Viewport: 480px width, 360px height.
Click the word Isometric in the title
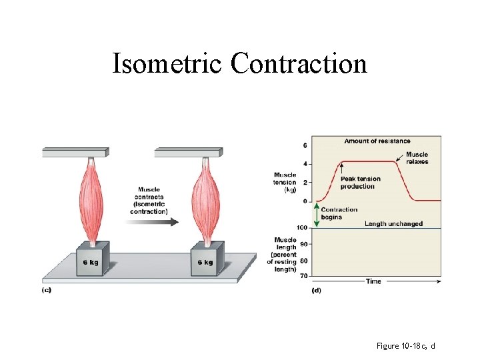pyautogui.click(x=167, y=64)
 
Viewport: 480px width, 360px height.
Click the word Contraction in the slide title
pyautogui.click(x=299, y=64)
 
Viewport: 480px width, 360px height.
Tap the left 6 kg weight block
pyautogui.click(x=92, y=260)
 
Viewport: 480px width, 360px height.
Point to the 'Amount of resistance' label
pyautogui.click(x=377, y=141)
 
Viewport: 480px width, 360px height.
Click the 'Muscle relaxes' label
pyautogui.click(x=417, y=158)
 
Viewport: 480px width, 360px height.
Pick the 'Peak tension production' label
pyautogui.click(x=360, y=183)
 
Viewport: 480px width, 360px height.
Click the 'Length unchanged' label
pyautogui.click(x=393, y=224)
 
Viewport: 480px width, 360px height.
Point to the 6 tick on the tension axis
pyautogui.click(x=305, y=145)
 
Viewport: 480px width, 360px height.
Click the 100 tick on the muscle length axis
pyautogui.click(x=302, y=228)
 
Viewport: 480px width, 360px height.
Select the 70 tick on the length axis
pyautogui.click(x=303, y=276)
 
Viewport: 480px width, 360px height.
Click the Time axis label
pyautogui.click(x=373, y=281)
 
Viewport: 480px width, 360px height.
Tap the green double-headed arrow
pyautogui.click(x=317, y=215)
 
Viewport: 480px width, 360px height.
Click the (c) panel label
pyautogui.click(x=46, y=290)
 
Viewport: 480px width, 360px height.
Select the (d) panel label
pyautogui.click(x=316, y=291)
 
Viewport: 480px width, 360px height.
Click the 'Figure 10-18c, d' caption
pyautogui.click(x=405, y=346)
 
